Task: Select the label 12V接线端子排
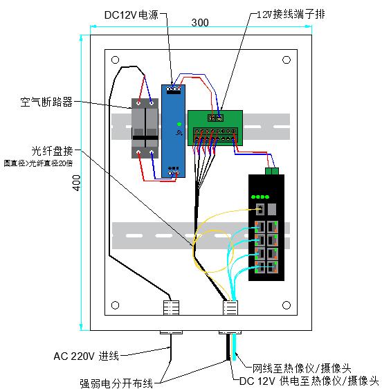click(289, 14)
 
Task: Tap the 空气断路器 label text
click(46, 102)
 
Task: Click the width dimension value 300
click(199, 23)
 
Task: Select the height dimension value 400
click(77, 181)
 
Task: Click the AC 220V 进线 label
click(87, 356)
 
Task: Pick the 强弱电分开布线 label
click(116, 381)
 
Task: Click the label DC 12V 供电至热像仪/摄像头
click(309, 381)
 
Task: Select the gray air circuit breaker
click(145, 129)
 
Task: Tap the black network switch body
click(266, 228)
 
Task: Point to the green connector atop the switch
click(271, 170)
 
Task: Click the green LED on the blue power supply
click(178, 125)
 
